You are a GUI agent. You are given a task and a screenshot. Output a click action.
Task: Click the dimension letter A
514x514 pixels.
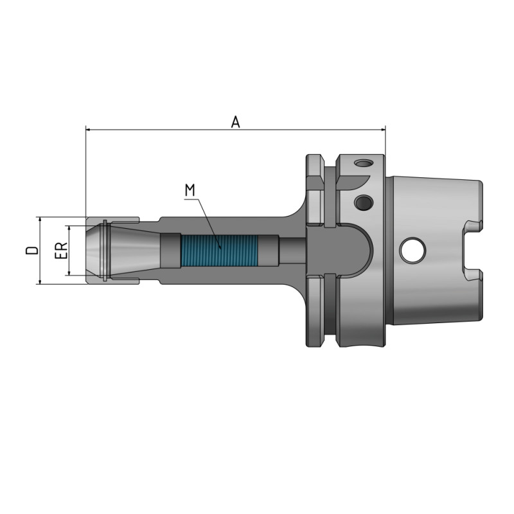[x=236, y=121]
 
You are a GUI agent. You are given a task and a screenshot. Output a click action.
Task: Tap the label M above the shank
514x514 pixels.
[x=190, y=190]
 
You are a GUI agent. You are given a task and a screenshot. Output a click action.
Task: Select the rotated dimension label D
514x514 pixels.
[x=31, y=251]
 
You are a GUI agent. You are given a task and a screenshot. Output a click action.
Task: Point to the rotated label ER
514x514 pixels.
[x=60, y=251]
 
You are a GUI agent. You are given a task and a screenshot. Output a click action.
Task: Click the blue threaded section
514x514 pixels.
[x=219, y=251]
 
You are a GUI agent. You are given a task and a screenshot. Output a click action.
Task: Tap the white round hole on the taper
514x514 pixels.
[x=411, y=251]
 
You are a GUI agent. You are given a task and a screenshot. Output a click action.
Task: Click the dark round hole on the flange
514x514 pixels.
[x=363, y=203]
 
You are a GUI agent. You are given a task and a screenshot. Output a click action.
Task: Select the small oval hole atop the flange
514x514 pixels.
[x=364, y=164]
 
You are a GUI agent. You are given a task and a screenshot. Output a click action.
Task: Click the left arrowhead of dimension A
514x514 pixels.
[x=89, y=129]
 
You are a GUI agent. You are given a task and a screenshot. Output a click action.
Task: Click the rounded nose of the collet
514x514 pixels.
[x=93, y=251]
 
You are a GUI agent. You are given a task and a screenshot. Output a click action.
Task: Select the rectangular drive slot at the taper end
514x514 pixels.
[x=472, y=251]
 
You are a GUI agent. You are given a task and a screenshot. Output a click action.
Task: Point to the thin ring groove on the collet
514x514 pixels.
[x=104, y=251]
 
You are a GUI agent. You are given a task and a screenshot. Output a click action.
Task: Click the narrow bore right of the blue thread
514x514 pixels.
[x=292, y=251]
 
